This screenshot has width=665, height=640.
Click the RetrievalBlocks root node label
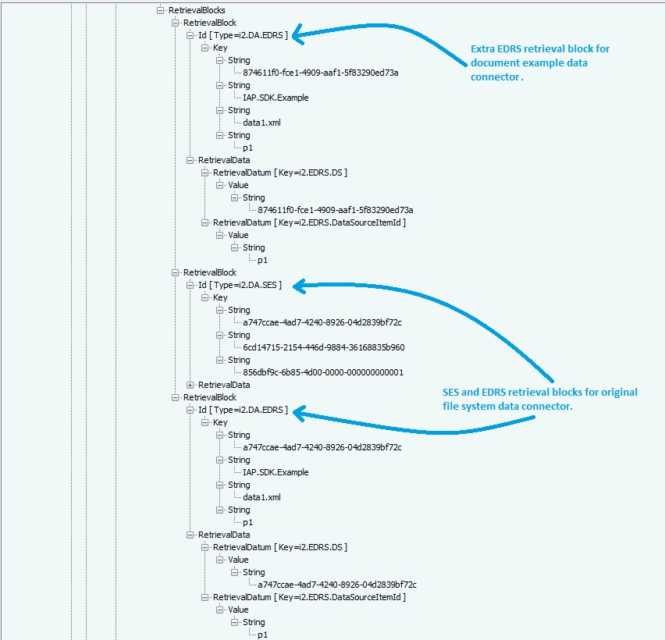tap(197, 10)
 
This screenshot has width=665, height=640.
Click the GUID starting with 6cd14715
tap(323, 347)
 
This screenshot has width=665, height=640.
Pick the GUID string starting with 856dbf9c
tap(323, 372)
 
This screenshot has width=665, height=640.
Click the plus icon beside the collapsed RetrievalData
tap(190, 385)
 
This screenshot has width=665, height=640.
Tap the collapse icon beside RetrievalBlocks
tap(161, 10)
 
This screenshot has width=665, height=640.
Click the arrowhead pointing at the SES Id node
tap(299, 286)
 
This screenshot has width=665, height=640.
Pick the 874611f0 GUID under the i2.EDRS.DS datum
tap(335, 210)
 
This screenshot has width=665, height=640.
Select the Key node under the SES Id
tap(220, 297)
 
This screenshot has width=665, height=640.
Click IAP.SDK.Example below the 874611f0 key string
tap(276, 98)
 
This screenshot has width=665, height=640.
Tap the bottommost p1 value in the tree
tap(262, 635)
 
